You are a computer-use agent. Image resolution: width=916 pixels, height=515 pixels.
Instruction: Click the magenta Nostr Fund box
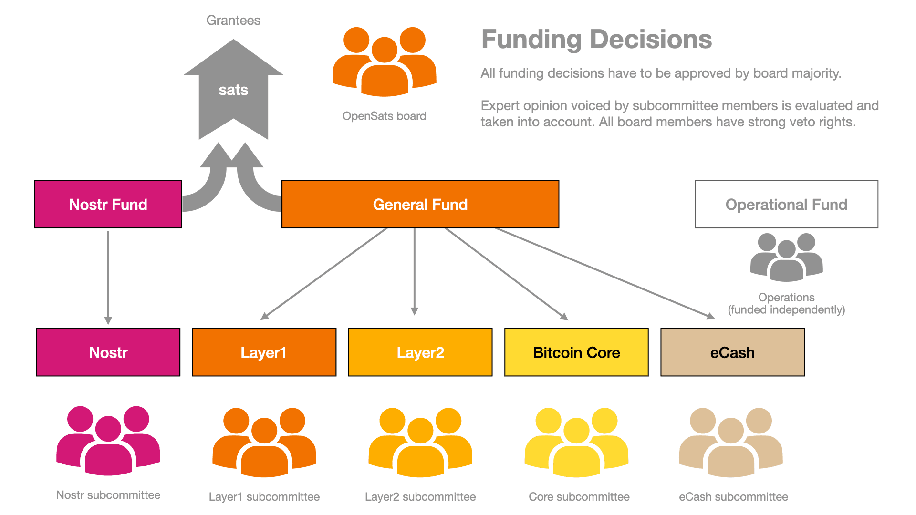coord(108,204)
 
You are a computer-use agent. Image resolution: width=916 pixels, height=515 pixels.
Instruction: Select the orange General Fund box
coord(420,204)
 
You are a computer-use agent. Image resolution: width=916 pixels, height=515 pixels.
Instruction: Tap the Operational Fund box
coord(787,204)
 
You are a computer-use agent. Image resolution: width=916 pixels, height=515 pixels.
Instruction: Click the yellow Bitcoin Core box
coord(576,352)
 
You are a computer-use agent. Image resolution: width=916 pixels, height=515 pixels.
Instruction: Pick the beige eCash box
coord(732,352)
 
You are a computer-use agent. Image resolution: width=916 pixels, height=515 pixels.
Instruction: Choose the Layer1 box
coord(264,352)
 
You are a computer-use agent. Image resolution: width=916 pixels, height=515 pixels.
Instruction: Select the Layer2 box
coord(420,352)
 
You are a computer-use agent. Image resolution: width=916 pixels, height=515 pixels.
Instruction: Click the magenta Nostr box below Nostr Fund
coord(108,352)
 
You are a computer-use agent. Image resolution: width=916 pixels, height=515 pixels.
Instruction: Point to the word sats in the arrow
coord(233,90)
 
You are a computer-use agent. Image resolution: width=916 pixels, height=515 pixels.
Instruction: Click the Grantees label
coord(233,21)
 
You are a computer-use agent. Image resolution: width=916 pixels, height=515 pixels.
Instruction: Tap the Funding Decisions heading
coord(596,39)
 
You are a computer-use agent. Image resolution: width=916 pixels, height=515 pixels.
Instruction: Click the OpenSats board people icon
coord(384,62)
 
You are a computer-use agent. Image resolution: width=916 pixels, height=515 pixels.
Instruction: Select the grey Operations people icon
coord(786,257)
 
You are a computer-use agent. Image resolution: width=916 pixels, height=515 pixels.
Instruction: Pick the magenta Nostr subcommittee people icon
coord(108,441)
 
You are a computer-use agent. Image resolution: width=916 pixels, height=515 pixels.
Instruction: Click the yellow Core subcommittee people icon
coord(576,443)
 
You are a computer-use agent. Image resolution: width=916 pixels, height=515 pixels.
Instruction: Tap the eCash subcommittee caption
coord(733,497)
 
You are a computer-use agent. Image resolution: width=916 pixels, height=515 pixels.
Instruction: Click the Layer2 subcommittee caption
coord(420,497)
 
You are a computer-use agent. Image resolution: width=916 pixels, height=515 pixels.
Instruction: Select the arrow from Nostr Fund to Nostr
coord(108,277)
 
